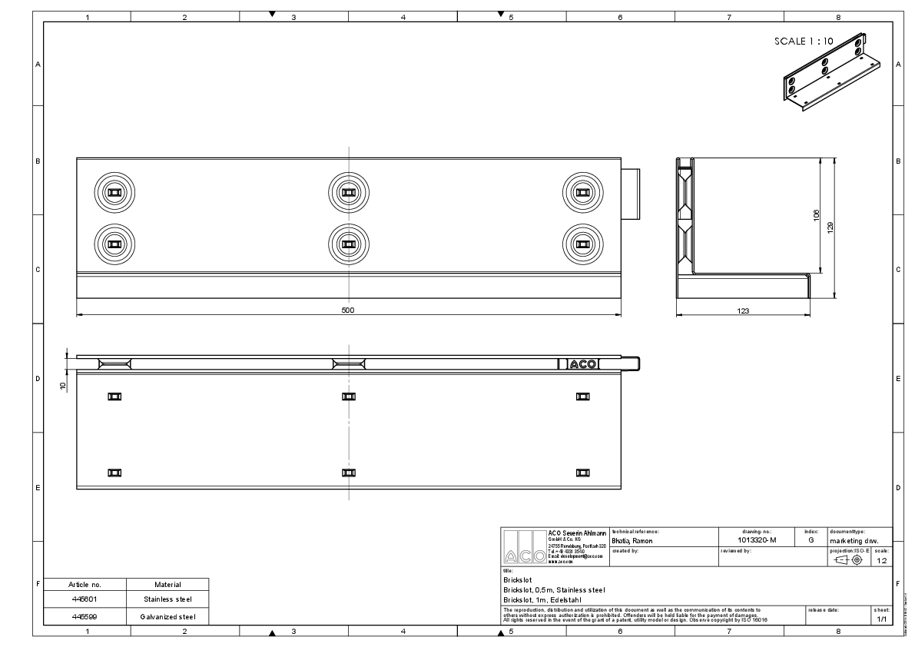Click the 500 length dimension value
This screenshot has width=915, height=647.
pos(347,310)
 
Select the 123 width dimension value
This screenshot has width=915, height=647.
pos(743,310)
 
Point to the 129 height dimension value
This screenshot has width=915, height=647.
pos(830,227)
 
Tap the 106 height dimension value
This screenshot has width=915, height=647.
pos(816,216)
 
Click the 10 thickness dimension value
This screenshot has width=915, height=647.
pos(64,385)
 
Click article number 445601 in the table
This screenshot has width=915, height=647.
pos(85,599)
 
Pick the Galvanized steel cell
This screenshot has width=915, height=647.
pos(167,616)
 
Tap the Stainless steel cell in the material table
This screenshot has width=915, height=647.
pos(167,599)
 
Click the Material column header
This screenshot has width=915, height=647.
pos(167,584)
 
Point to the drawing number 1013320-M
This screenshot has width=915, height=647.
pos(751,541)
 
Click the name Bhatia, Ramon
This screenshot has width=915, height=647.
pos(632,541)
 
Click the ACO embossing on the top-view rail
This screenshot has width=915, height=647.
pos(583,364)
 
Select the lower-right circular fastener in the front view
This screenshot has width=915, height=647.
pos(582,244)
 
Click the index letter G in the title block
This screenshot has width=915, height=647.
pos(811,541)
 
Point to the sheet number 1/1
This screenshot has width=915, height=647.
pos(881,619)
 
